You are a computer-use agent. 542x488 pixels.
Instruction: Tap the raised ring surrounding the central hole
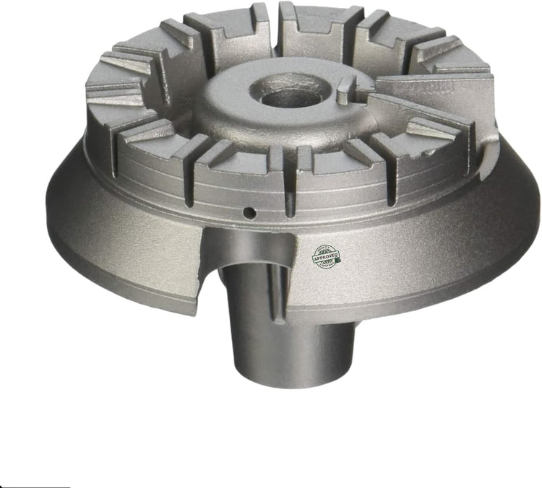238,108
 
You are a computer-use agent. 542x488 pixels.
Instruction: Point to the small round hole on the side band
248,212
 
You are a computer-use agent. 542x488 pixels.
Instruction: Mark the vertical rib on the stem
277,303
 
